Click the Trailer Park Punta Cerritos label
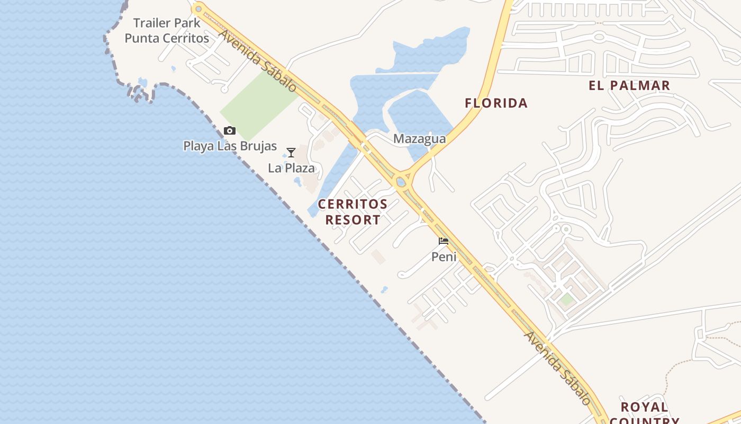tap(167, 31)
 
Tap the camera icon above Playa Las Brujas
tap(229, 130)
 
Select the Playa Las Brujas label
tap(230, 146)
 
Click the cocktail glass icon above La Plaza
tap(291, 153)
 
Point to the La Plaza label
tap(291, 168)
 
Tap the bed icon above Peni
tap(444, 241)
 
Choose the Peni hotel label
tap(444, 257)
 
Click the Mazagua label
tap(419, 139)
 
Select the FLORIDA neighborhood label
tap(496, 103)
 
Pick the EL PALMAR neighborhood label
tap(629, 85)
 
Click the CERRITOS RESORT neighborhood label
tap(353, 211)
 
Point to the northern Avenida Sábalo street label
tap(258, 60)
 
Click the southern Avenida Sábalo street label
tap(557, 368)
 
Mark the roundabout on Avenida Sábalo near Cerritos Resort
tap(401, 182)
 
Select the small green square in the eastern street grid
tap(567, 299)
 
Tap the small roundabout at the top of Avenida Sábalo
tap(198, 8)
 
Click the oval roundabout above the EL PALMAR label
tap(599, 37)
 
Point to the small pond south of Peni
tap(384, 290)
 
